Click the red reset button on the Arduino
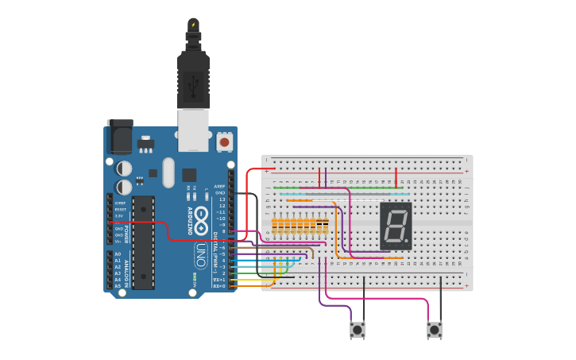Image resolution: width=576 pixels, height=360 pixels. [x=224, y=142]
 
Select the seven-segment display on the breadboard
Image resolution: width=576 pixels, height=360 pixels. [x=396, y=226]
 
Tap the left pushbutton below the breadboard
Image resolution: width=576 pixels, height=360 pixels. [x=358, y=329]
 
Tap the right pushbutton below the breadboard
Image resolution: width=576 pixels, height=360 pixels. [x=434, y=329]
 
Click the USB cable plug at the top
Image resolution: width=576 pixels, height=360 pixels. [x=193, y=79]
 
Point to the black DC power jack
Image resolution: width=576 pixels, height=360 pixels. [x=119, y=137]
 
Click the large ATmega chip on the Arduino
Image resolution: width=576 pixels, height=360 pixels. [x=143, y=242]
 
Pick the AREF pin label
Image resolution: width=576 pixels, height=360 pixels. [x=220, y=187]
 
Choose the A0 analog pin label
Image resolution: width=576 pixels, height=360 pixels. [x=118, y=254]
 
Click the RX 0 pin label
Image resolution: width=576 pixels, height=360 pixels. [x=220, y=286]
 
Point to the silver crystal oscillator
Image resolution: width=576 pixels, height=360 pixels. [x=168, y=172]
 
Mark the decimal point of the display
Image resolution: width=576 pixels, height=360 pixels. [x=409, y=242]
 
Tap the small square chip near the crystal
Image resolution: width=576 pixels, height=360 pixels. [x=189, y=175]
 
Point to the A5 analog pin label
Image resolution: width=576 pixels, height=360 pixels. [x=118, y=286]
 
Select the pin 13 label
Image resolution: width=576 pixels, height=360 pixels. [x=221, y=199]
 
